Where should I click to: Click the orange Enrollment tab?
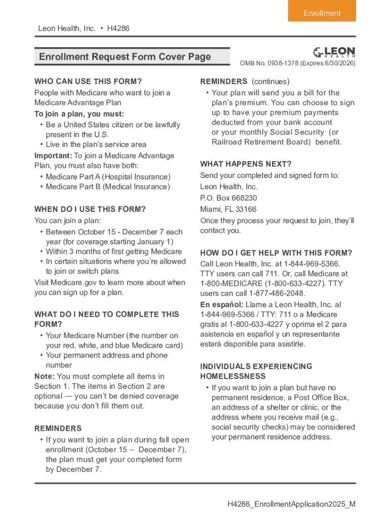tap(322, 13)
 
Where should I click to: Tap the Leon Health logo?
tap(334, 52)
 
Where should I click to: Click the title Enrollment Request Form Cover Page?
tap(125, 57)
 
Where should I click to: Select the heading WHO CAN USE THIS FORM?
tap(88, 81)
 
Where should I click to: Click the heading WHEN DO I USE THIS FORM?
tap(90, 209)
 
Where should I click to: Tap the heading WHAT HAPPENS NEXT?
tap(246, 164)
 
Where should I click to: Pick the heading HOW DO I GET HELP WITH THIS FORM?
tap(276, 253)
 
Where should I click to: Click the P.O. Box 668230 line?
tap(228, 198)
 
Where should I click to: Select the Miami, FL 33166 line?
tap(228, 209)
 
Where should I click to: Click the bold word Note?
tap(45, 376)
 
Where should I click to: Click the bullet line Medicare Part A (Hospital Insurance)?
tap(108, 177)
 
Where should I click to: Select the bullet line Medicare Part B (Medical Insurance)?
tap(108, 187)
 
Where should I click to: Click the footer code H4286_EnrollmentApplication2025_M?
tap(291, 504)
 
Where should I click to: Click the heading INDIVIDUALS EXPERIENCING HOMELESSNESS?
tap(256, 371)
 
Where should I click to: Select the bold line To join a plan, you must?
tap(79, 114)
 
